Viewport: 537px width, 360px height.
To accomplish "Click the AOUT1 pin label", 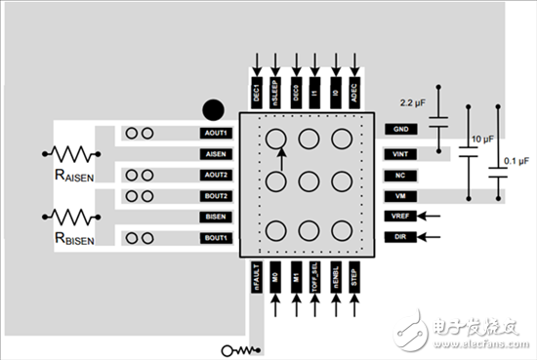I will coord(215,132).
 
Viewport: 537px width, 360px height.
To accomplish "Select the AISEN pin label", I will coord(215,153).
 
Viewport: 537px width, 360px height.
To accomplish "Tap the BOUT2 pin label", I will coord(215,195).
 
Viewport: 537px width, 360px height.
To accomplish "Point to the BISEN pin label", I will coord(215,217).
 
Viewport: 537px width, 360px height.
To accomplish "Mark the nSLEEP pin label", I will coord(275,91).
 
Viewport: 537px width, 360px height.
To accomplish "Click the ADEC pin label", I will coord(356,93).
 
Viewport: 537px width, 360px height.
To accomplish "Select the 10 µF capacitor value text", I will coord(484,139).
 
